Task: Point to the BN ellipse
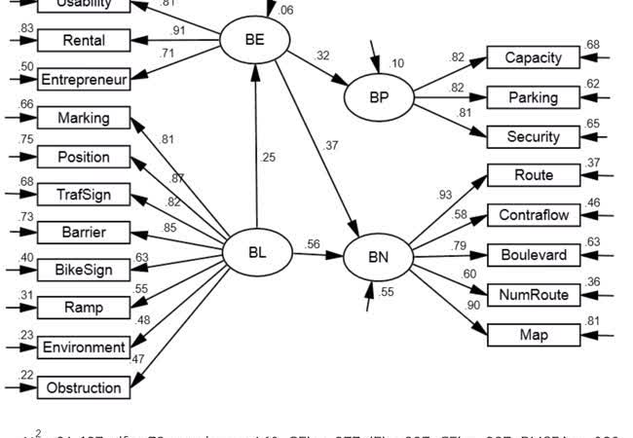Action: pos(378,257)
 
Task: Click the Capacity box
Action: pos(533,57)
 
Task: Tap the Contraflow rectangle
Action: pos(533,215)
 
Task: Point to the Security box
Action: pos(533,137)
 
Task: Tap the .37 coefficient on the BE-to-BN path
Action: pos(331,146)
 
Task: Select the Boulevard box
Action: pos(533,255)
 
